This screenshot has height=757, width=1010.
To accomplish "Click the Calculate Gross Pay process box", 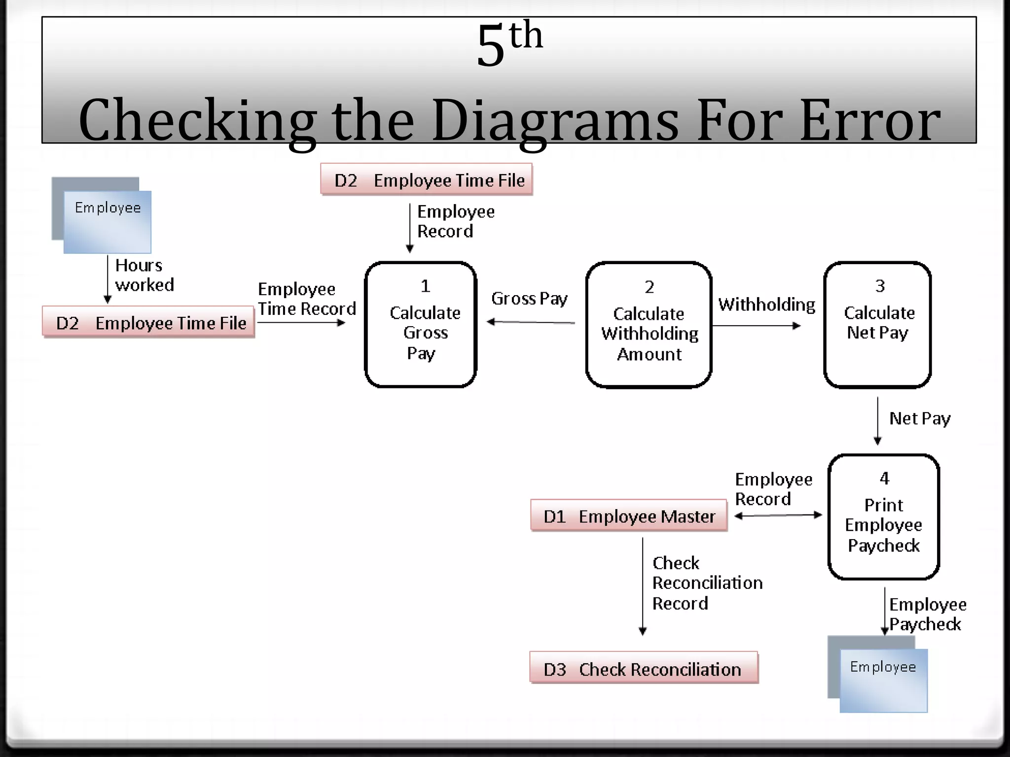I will pos(420,325).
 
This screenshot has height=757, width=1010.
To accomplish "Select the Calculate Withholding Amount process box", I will pos(649,325).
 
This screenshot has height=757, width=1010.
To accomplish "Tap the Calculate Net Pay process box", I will pos(877,325).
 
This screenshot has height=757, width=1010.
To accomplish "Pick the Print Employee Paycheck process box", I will pos(883,516).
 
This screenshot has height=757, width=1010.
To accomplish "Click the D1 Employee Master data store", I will pos(629,516).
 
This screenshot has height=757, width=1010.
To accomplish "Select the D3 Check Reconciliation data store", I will pos(644,669).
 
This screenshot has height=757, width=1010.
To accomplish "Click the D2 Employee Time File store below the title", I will pos(427,180).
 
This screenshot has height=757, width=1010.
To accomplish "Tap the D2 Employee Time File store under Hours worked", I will pos(148,323).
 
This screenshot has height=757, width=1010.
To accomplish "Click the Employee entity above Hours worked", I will pos(107,222).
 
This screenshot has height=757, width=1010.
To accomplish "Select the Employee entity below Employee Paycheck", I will pos(883,680).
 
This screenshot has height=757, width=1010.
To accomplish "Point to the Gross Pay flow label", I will pos(529,299).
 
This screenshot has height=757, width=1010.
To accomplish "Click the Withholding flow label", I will pos(766,305).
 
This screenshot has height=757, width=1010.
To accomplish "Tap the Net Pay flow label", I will pos(919,419).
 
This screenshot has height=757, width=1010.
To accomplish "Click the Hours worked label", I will pos(144,275).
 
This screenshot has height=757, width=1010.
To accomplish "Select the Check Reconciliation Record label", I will pos(707,583).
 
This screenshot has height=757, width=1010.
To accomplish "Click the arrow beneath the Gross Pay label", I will pos(531,322).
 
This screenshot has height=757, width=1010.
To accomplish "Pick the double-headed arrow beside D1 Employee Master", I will pos(778,516).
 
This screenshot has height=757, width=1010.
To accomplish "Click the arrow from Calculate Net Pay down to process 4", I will pos(877,420).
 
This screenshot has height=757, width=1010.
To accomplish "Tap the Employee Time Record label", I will pos(306,299).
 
